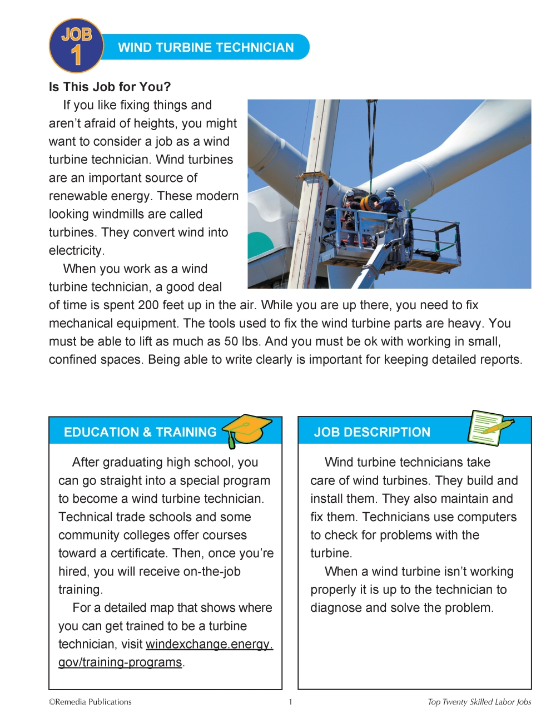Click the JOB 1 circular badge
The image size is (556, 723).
pos(76,46)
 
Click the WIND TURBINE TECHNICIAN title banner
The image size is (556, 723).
pos(206,47)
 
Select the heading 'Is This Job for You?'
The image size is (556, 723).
pos(110,87)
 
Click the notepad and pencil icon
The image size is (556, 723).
pos(489,428)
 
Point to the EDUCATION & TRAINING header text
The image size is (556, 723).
pos(140,432)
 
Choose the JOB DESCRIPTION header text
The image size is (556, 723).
pos(372,432)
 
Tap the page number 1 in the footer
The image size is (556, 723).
pos(290,702)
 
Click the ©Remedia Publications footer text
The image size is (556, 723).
pos(90,702)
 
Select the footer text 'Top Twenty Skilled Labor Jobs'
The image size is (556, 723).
pos(479,702)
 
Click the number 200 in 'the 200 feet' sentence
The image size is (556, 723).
pos(148,305)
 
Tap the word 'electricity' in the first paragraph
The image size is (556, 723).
pos(76,251)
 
